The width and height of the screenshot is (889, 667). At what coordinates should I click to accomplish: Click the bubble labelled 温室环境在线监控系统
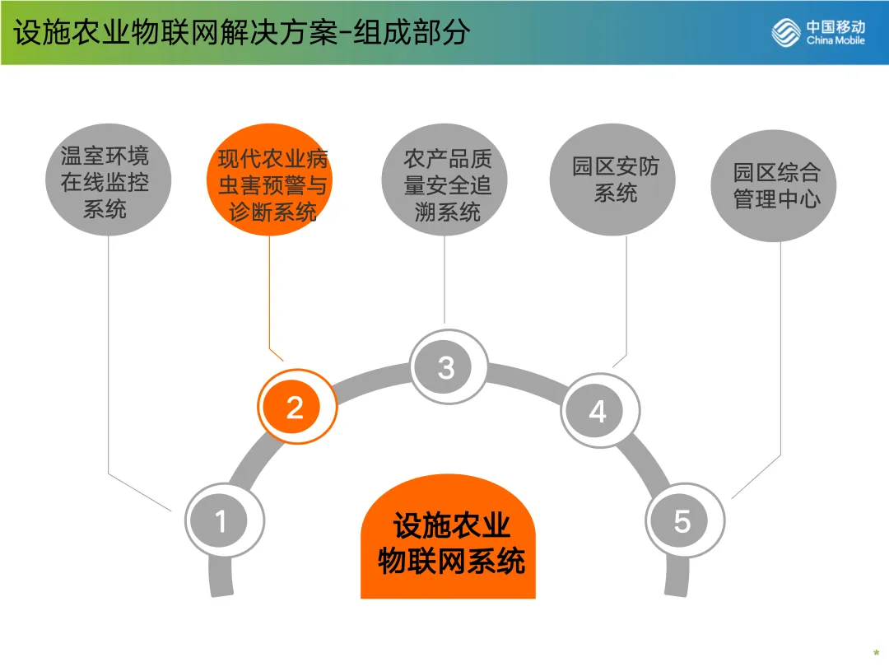105,182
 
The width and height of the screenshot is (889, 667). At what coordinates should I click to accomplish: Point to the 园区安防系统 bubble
616,180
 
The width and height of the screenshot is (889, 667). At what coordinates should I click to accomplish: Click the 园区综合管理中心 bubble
777,185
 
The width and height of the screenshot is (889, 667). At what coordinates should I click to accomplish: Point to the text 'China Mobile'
835,40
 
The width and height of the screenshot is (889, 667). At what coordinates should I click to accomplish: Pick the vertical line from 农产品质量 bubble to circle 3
445,280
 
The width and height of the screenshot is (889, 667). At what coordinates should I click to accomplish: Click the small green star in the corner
876,653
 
